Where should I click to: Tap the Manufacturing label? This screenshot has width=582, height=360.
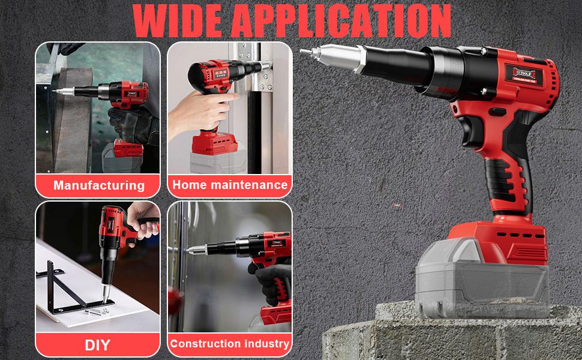pos(99,185)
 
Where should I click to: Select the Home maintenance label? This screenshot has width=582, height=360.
pos(230,185)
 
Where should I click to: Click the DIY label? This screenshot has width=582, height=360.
pos(98,344)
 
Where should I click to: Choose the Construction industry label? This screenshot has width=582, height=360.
pos(230,344)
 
